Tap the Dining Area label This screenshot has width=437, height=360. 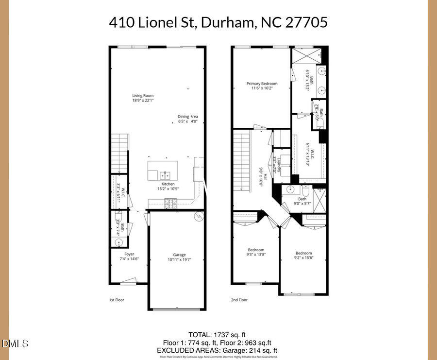pos(187,119)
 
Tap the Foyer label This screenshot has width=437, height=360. pos(129,257)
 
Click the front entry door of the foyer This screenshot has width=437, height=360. pos(129,280)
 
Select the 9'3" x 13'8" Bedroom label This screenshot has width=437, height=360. pos(256,252)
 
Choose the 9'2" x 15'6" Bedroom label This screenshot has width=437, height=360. pos(304,256)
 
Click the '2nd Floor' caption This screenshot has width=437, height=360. pos(239,300)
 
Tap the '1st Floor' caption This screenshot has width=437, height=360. pos(117,300)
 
